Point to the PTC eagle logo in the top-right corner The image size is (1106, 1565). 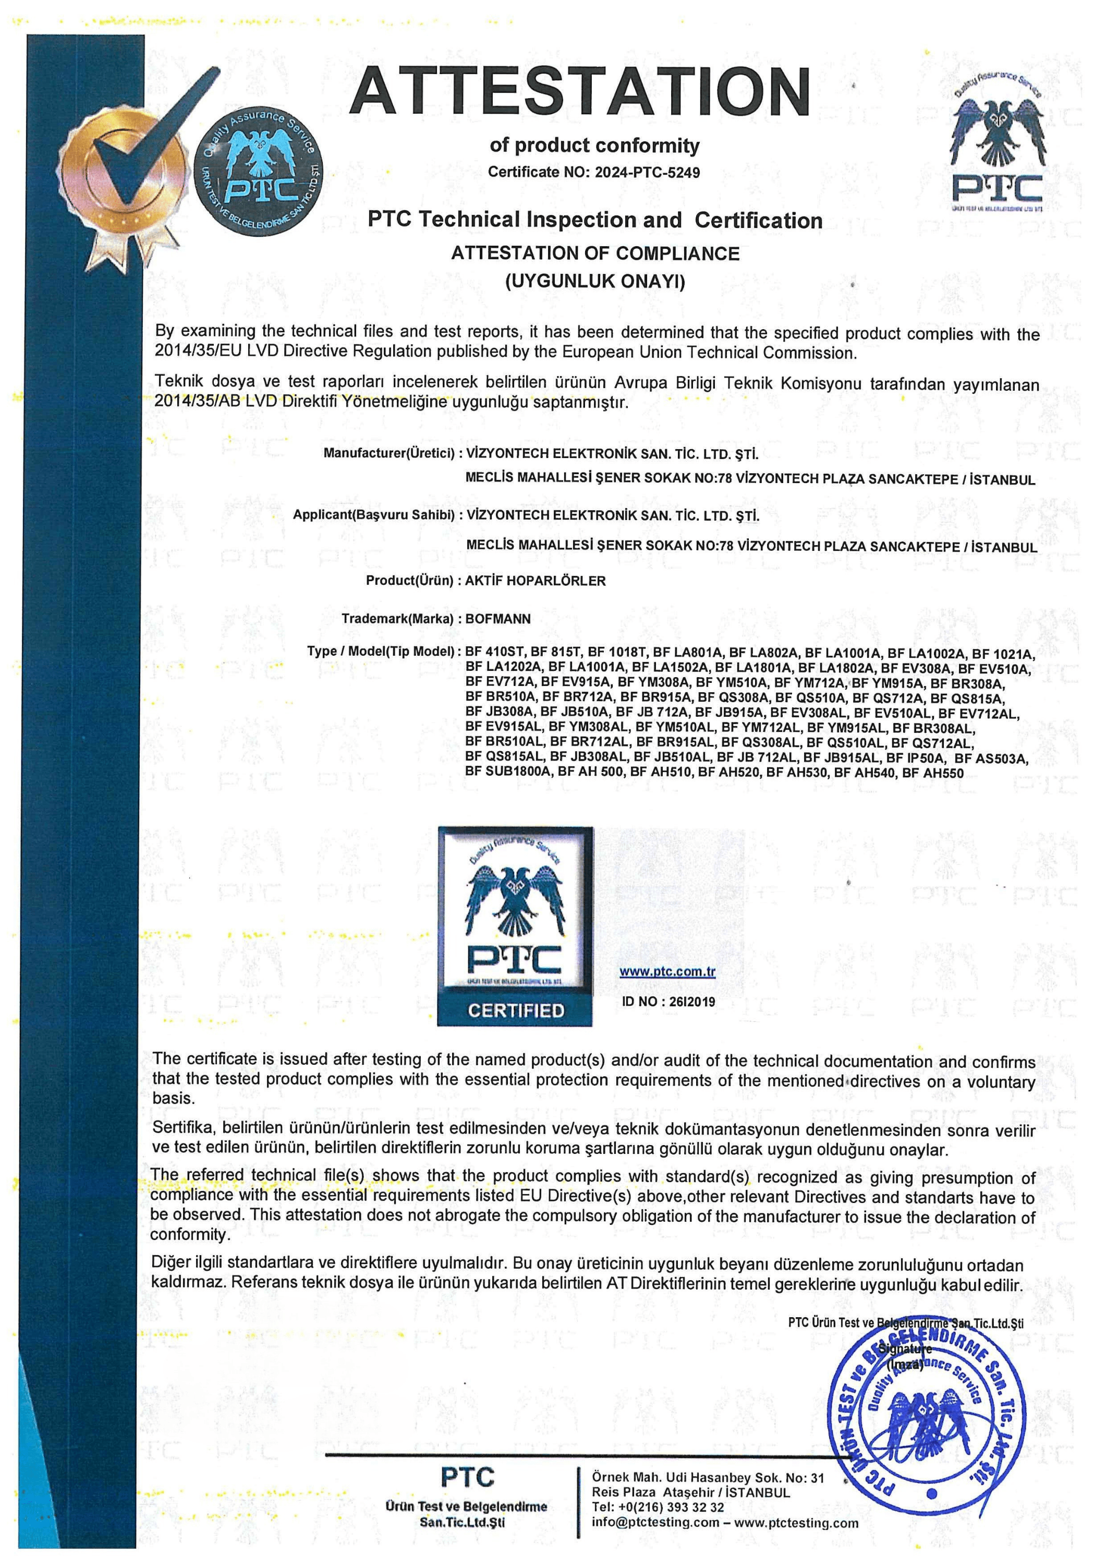(997, 143)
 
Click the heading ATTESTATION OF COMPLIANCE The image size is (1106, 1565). (595, 254)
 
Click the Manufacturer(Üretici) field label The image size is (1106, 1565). (388, 453)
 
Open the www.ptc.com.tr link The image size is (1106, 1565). (667, 971)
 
